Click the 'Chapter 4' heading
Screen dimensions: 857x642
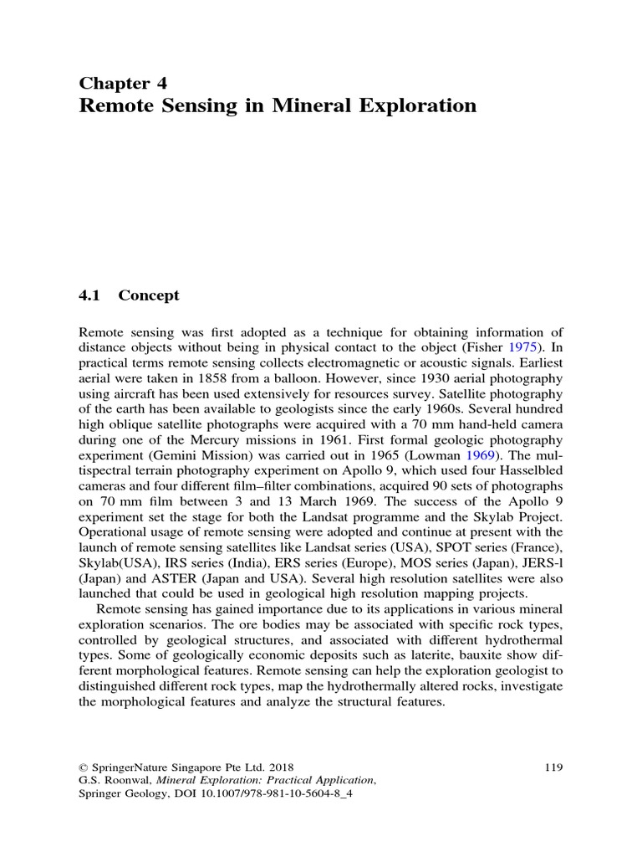123,82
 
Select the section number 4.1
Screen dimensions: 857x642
89,295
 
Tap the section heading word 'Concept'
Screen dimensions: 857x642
149,295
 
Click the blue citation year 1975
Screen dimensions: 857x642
526,347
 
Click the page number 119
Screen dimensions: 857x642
553,766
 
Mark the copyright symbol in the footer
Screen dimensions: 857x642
83,766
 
